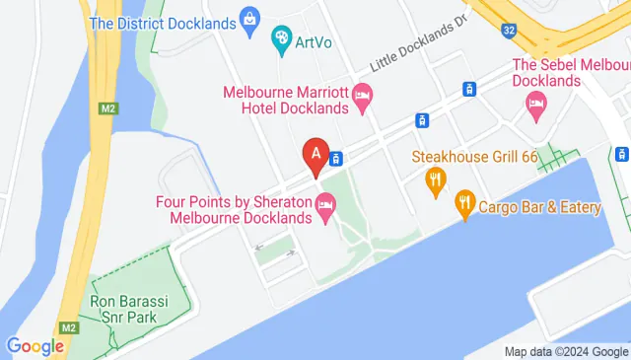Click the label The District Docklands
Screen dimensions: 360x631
(x=161, y=21)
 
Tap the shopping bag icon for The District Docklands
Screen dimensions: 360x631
(x=250, y=19)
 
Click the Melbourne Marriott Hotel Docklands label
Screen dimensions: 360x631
(x=285, y=99)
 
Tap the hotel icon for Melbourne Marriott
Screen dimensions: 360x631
(x=362, y=97)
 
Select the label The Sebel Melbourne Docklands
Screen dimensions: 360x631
(x=571, y=73)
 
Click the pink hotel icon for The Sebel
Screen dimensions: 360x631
(x=537, y=104)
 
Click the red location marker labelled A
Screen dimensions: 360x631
(x=315, y=155)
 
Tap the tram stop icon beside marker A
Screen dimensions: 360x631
(x=337, y=158)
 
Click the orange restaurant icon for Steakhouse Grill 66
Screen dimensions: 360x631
(x=434, y=180)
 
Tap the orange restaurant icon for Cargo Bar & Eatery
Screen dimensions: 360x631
(x=464, y=205)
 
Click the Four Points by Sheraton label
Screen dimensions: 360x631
(x=234, y=208)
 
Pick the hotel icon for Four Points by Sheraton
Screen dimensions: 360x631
(x=324, y=207)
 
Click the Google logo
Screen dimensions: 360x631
(x=35, y=346)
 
